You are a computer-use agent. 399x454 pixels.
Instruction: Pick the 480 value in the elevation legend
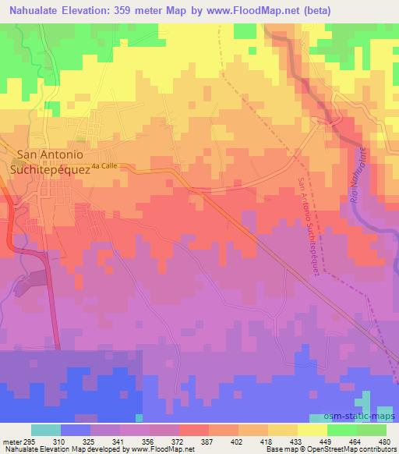tap(384, 441)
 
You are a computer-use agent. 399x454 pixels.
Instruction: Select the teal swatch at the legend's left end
tap(46, 430)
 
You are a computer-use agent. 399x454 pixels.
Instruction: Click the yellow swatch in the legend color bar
tap(312, 430)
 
